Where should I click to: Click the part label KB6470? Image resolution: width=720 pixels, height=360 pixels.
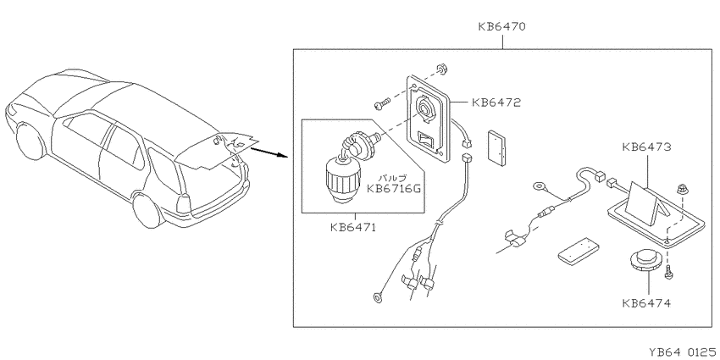[x=502, y=26]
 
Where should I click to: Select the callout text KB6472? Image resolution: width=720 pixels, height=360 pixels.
[x=496, y=102]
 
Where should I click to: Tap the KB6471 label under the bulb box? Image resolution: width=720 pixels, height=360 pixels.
[x=352, y=227]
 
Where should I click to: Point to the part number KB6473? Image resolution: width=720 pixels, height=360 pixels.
[x=646, y=147]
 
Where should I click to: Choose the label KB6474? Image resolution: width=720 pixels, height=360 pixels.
[x=646, y=303]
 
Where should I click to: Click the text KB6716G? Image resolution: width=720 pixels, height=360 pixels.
[x=393, y=188]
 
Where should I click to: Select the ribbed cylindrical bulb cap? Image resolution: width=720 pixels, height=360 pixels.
[x=341, y=180]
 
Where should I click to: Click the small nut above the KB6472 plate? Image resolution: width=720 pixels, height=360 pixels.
[x=443, y=70]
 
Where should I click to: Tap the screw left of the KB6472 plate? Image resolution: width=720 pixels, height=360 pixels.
[x=381, y=102]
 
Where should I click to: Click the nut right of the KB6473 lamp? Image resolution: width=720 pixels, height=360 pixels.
[x=682, y=188]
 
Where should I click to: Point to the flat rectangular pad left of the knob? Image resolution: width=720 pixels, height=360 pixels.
[x=579, y=252]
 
